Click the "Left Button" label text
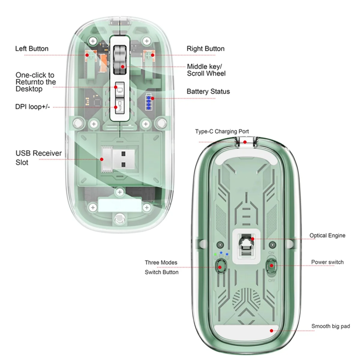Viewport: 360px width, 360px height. click(x=32, y=49)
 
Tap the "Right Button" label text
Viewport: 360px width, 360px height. click(x=205, y=49)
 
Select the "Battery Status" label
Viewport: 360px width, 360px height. click(x=208, y=91)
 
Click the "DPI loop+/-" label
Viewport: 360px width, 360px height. click(x=33, y=107)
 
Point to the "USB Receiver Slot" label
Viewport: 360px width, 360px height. click(x=38, y=158)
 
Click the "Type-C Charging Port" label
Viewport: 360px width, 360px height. click(x=222, y=131)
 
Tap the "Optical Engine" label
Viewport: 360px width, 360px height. click(x=327, y=235)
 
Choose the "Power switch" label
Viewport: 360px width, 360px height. click(x=327, y=262)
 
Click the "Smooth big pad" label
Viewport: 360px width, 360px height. click(x=330, y=326)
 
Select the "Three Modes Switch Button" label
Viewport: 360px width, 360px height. click(x=161, y=267)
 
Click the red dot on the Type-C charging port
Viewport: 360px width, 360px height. click(x=245, y=142)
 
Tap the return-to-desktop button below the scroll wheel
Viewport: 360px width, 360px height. click(x=119, y=89)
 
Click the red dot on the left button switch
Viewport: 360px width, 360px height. click(x=87, y=55)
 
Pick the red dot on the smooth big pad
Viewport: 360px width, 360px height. click(x=271, y=331)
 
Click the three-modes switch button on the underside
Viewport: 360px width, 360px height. click(x=220, y=266)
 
